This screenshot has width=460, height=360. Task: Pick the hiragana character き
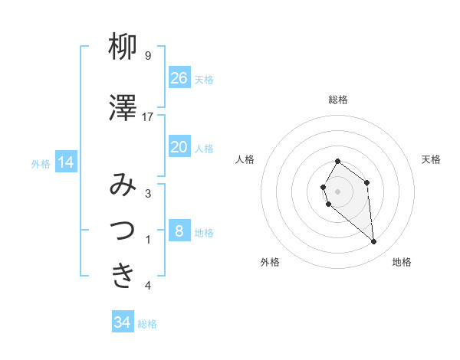tap(123, 275)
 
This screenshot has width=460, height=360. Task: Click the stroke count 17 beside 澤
tap(148, 116)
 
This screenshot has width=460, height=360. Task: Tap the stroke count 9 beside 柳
tap(148, 56)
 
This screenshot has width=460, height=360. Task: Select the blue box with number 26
tap(179, 78)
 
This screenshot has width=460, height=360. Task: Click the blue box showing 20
tap(179, 148)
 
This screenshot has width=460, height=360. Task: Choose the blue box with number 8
tap(179, 231)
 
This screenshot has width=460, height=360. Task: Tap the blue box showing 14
tap(66, 162)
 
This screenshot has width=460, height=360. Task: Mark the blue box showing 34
tap(123, 322)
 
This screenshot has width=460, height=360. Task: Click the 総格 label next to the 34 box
tap(148, 324)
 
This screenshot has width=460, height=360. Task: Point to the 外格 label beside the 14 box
tap(41, 163)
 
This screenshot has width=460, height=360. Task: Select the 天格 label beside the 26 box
tap(204, 80)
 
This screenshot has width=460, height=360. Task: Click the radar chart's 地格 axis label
tap(402, 262)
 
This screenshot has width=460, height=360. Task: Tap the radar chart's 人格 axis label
tap(245, 159)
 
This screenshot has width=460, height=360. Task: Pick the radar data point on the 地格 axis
tap(374, 242)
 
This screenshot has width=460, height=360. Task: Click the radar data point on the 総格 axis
tap(337, 162)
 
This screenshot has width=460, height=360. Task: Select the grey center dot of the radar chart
tap(337, 191)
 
